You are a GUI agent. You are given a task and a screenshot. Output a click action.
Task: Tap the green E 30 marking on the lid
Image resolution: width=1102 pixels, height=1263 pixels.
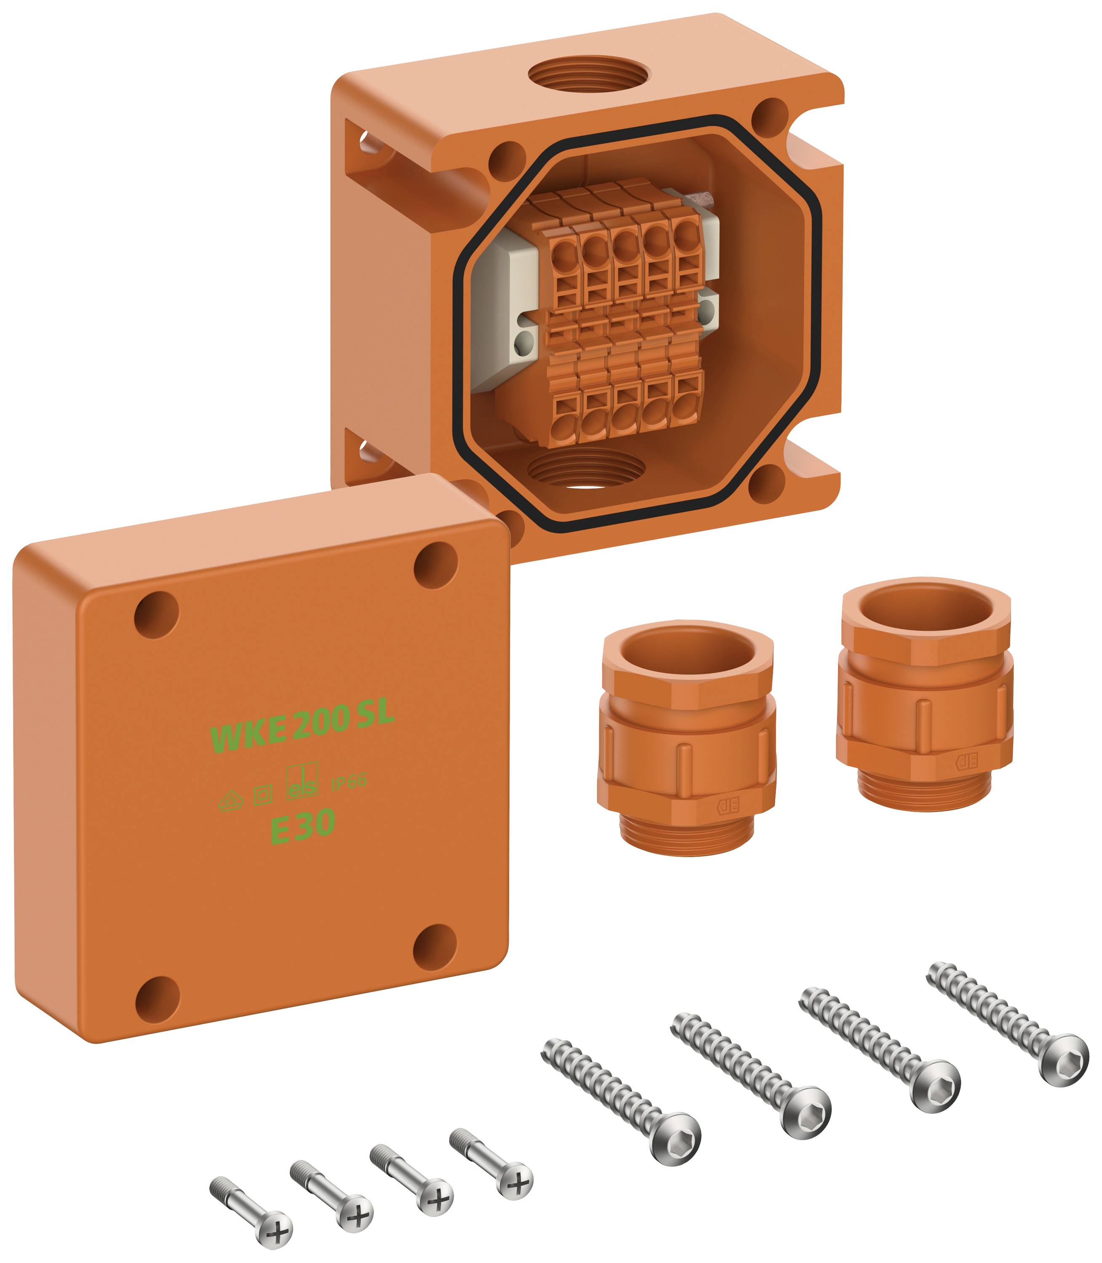[303, 826]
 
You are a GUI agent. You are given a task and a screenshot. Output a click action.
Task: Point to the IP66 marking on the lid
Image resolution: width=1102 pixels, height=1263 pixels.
[349, 782]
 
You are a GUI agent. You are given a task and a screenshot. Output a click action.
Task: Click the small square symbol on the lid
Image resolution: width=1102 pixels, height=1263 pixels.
[263, 794]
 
